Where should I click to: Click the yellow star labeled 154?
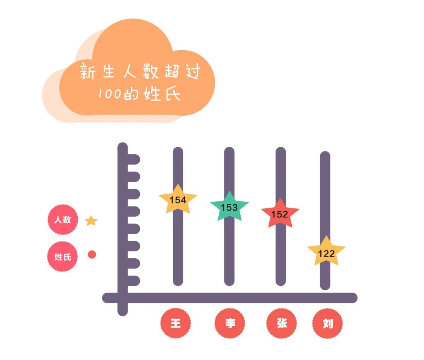tap(178, 200)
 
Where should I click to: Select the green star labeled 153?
tap(229, 207)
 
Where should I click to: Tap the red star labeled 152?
tap(280, 214)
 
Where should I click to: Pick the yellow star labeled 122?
tap(326, 252)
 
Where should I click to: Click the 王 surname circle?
tap(175, 323)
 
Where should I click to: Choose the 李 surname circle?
tap(230, 323)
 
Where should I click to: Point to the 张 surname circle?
tap(281, 323)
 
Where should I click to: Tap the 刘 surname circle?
tap(328, 323)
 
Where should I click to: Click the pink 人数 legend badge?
tap(62, 220)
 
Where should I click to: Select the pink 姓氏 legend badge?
tap(62, 257)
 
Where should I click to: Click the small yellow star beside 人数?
tap(91, 221)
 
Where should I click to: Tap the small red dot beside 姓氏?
tap(92, 254)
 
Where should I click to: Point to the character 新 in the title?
tap(88, 72)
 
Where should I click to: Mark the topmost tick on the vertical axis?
tap(133, 159)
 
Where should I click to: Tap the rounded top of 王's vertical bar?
tap(178, 152)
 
